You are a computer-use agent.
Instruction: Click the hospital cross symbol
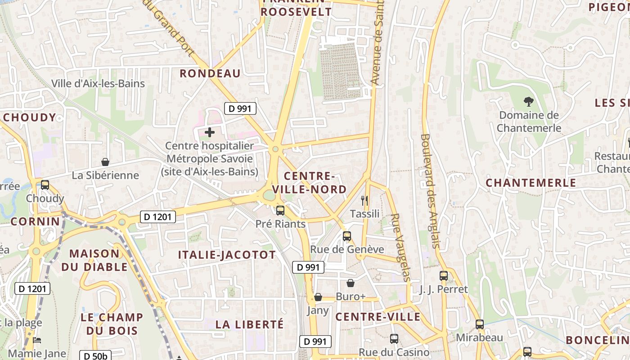tap(210, 132)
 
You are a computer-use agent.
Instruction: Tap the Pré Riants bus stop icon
tap(280, 210)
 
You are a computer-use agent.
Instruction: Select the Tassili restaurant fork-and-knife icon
tap(364, 200)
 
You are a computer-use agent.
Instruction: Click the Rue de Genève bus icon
tap(346, 236)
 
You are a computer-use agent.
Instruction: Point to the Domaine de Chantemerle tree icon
tap(529, 102)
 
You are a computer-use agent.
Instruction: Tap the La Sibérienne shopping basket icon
tap(105, 162)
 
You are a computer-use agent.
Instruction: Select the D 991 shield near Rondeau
tap(240, 108)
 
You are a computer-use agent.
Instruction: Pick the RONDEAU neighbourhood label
tap(210, 73)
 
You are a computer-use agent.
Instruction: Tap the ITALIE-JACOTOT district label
tap(227, 255)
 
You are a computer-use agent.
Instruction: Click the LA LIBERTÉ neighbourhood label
tap(249, 324)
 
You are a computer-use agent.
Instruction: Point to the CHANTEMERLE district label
tap(531, 183)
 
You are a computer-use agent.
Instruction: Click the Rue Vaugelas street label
tap(400, 247)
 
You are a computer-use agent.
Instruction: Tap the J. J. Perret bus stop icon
tap(444, 276)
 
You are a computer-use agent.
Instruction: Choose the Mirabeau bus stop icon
tap(480, 324)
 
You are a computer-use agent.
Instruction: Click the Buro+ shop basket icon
tap(350, 283)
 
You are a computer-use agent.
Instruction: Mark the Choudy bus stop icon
tap(45, 184)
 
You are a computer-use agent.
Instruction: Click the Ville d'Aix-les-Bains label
tap(98, 84)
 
